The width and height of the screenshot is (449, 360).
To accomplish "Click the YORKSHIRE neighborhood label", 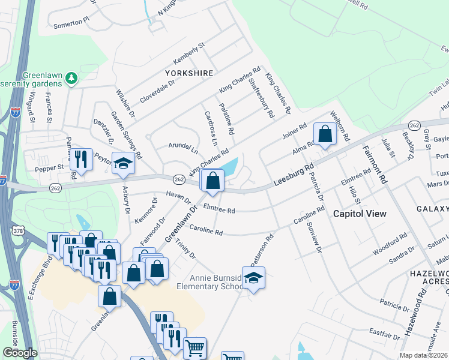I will pyautogui.click(x=190, y=73).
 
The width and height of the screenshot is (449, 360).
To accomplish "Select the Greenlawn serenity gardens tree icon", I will pyautogui.click(x=72, y=77).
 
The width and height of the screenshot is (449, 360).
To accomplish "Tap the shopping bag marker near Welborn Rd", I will pyautogui.click(x=325, y=135).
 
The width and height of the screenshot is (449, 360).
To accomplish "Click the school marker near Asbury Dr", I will pyautogui.click(x=123, y=164).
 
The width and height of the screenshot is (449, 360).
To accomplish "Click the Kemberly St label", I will pyautogui.click(x=189, y=54).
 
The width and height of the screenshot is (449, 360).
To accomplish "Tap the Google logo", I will pyautogui.click(x=20, y=353).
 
